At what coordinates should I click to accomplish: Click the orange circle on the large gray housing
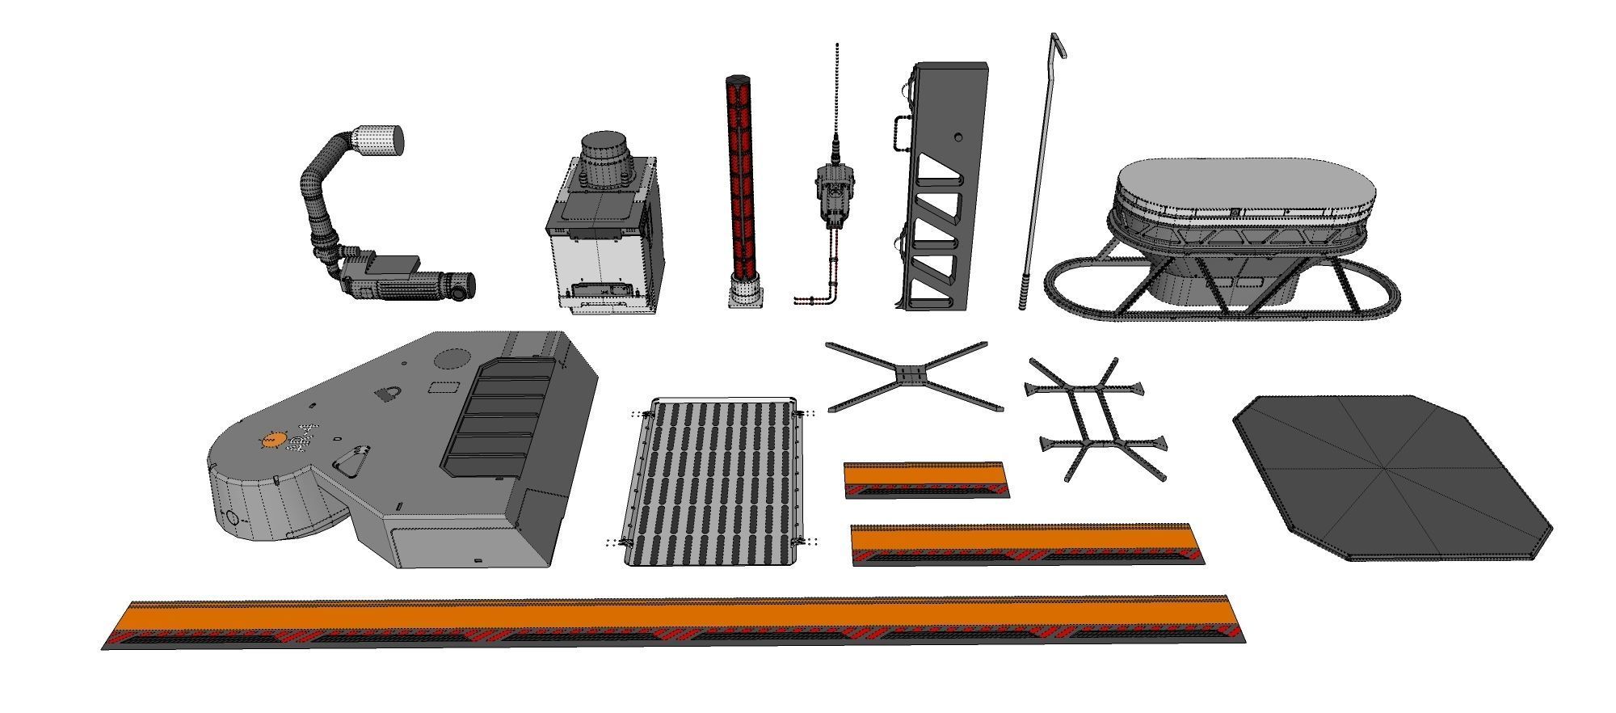[x=271, y=441]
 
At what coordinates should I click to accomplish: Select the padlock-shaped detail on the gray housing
[x=388, y=394]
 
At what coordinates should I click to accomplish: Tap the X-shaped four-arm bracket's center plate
[x=911, y=375]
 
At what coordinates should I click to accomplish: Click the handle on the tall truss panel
[x=899, y=133]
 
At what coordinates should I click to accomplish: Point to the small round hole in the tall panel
[x=957, y=137]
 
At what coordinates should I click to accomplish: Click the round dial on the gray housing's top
[x=452, y=359]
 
